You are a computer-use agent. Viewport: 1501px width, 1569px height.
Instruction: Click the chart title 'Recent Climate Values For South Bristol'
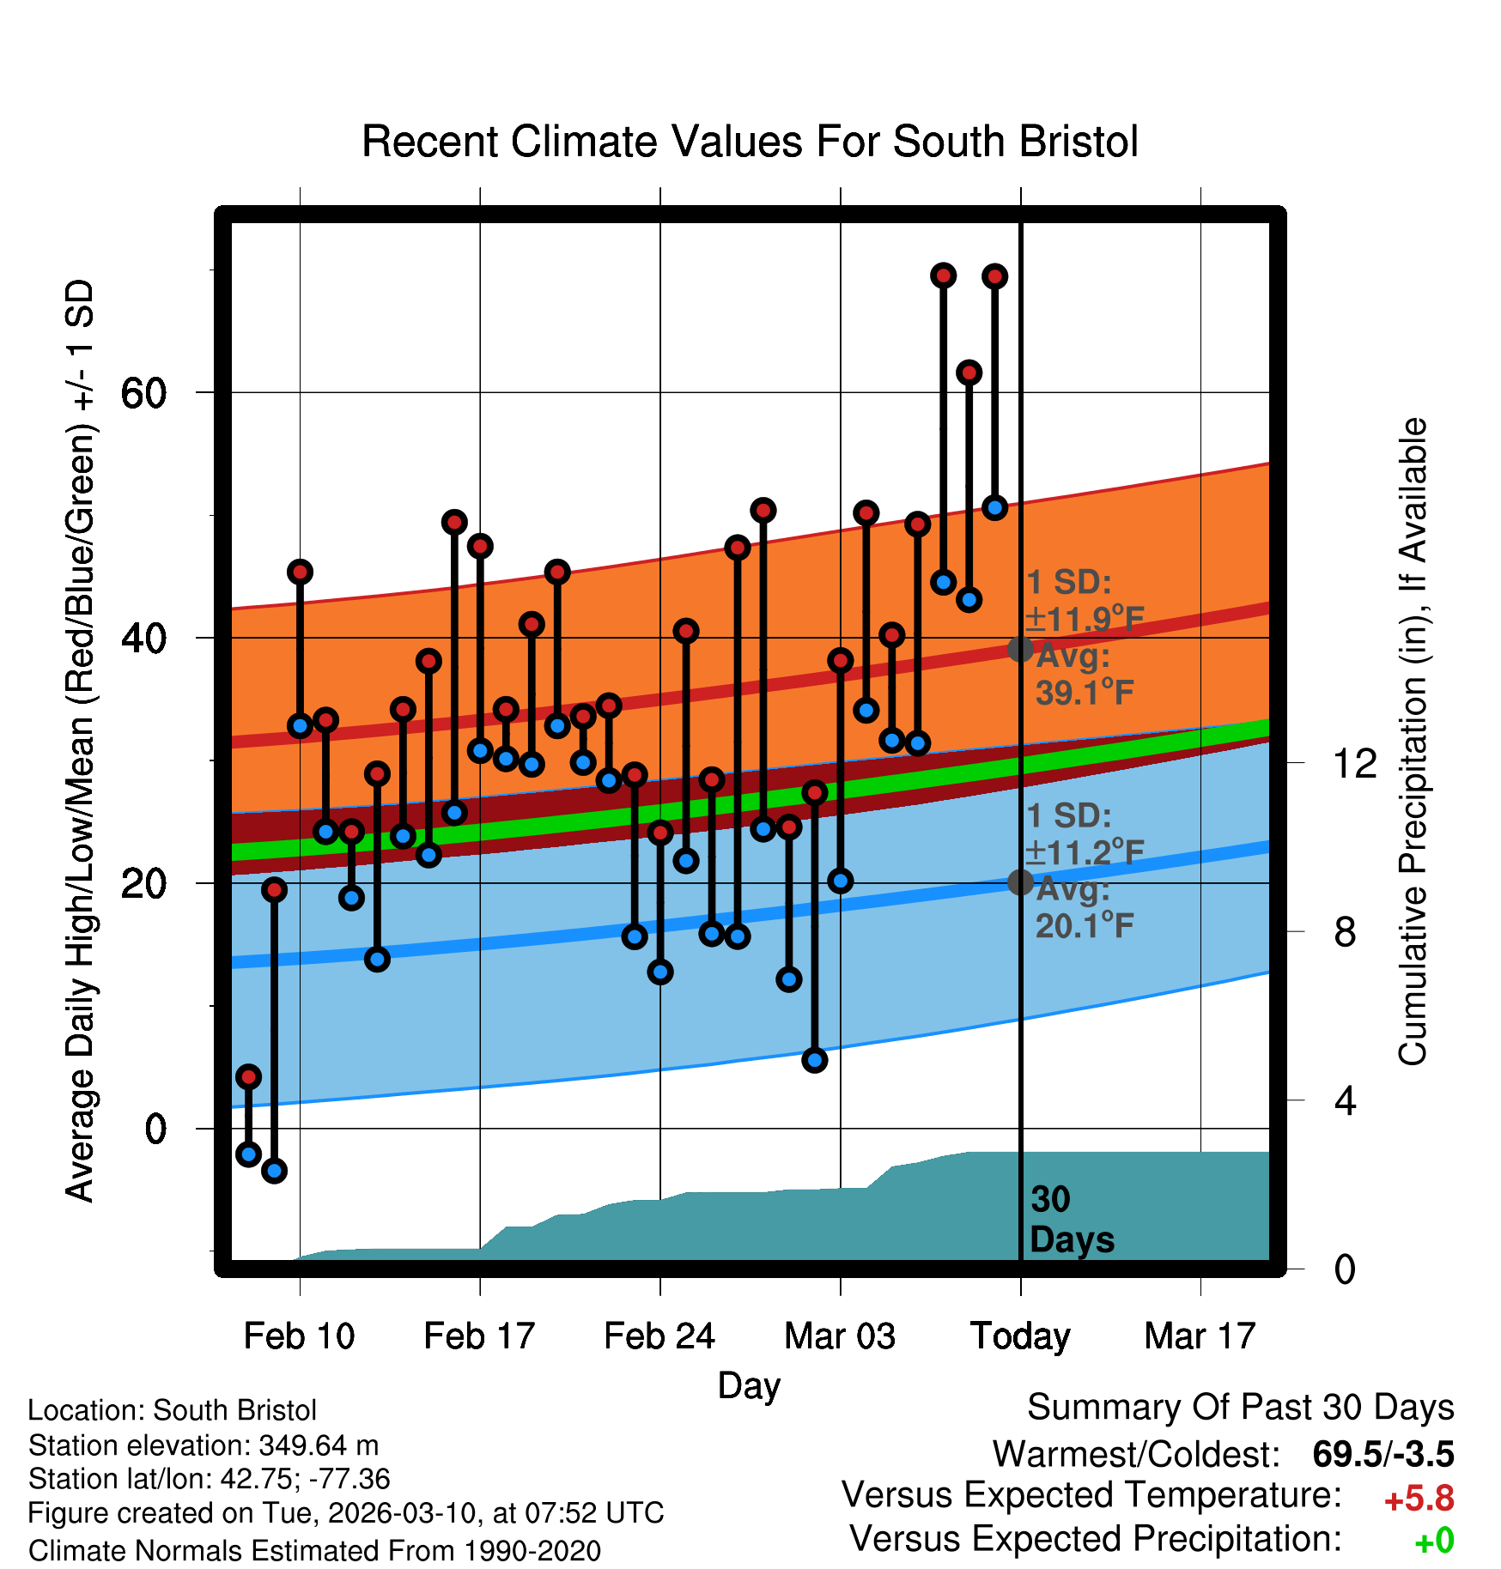[x=750, y=142]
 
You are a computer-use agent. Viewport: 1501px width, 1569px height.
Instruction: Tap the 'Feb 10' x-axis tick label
[x=299, y=1336]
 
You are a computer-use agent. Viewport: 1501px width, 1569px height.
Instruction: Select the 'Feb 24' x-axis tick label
[x=659, y=1336]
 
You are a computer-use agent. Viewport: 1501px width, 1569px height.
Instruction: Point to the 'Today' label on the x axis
[x=1020, y=1336]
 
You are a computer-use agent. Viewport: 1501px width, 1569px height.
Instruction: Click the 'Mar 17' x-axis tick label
[x=1200, y=1336]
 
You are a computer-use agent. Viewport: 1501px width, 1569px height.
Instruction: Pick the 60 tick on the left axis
[x=143, y=393]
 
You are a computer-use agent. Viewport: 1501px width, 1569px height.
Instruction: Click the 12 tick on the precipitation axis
[x=1354, y=763]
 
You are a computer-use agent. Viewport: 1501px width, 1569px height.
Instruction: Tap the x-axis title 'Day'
[x=749, y=1385]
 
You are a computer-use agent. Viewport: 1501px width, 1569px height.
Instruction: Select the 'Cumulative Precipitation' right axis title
[x=1413, y=742]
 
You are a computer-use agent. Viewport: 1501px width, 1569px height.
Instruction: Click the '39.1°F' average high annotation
[x=1085, y=693]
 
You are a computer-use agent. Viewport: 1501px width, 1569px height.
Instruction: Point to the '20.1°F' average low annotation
[x=1085, y=926]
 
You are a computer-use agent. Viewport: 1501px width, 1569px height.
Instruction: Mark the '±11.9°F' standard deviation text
[x=1085, y=619]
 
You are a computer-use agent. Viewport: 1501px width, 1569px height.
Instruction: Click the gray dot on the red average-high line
[x=1020, y=649]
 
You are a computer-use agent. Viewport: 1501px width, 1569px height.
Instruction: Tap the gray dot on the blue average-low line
[x=1020, y=881]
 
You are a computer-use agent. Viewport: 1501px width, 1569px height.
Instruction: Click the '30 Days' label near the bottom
[x=1071, y=1220]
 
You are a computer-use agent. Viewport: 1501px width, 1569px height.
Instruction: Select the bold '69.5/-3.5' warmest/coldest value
[x=1382, y=1454]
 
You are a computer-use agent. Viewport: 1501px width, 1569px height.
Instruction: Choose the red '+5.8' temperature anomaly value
[x=1419, y=1499]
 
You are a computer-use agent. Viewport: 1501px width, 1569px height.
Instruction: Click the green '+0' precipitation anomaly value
[x=1433, y=1541]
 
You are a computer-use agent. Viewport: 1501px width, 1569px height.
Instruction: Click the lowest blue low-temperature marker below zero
[x=274, y=1170]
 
